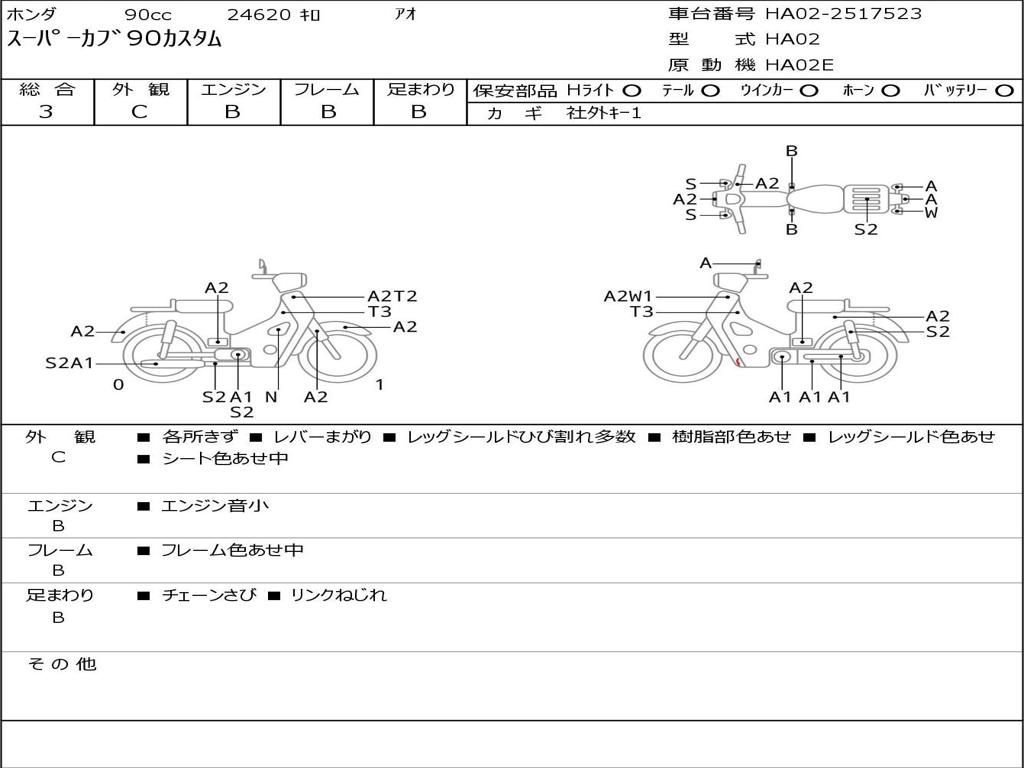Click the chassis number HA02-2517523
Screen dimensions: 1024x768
coord(843,14)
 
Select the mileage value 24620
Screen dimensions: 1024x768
coord(259,14)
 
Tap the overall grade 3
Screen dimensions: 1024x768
coord(46,112)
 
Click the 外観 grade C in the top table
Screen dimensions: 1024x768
coord(140,112)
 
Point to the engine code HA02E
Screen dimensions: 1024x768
coord(799,65)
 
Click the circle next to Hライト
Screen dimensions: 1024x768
coord(632,91)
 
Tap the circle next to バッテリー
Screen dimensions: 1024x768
coord(1004,91)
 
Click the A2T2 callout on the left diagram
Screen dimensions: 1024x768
coord(392,296)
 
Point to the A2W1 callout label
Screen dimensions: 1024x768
coord(628,296)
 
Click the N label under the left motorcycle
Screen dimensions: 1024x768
coord(271,396)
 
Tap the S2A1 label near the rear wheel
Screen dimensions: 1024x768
coord(69,363)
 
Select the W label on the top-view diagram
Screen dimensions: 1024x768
coord(931,212)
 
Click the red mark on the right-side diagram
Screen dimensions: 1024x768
coord(738,362)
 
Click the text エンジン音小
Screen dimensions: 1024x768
coord(215,505)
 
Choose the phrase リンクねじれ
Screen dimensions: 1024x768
coord(338,595)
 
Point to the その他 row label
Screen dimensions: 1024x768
coord(62,664)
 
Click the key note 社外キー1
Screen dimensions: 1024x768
coord(604,113)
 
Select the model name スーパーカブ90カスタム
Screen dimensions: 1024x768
coord(114,39)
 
